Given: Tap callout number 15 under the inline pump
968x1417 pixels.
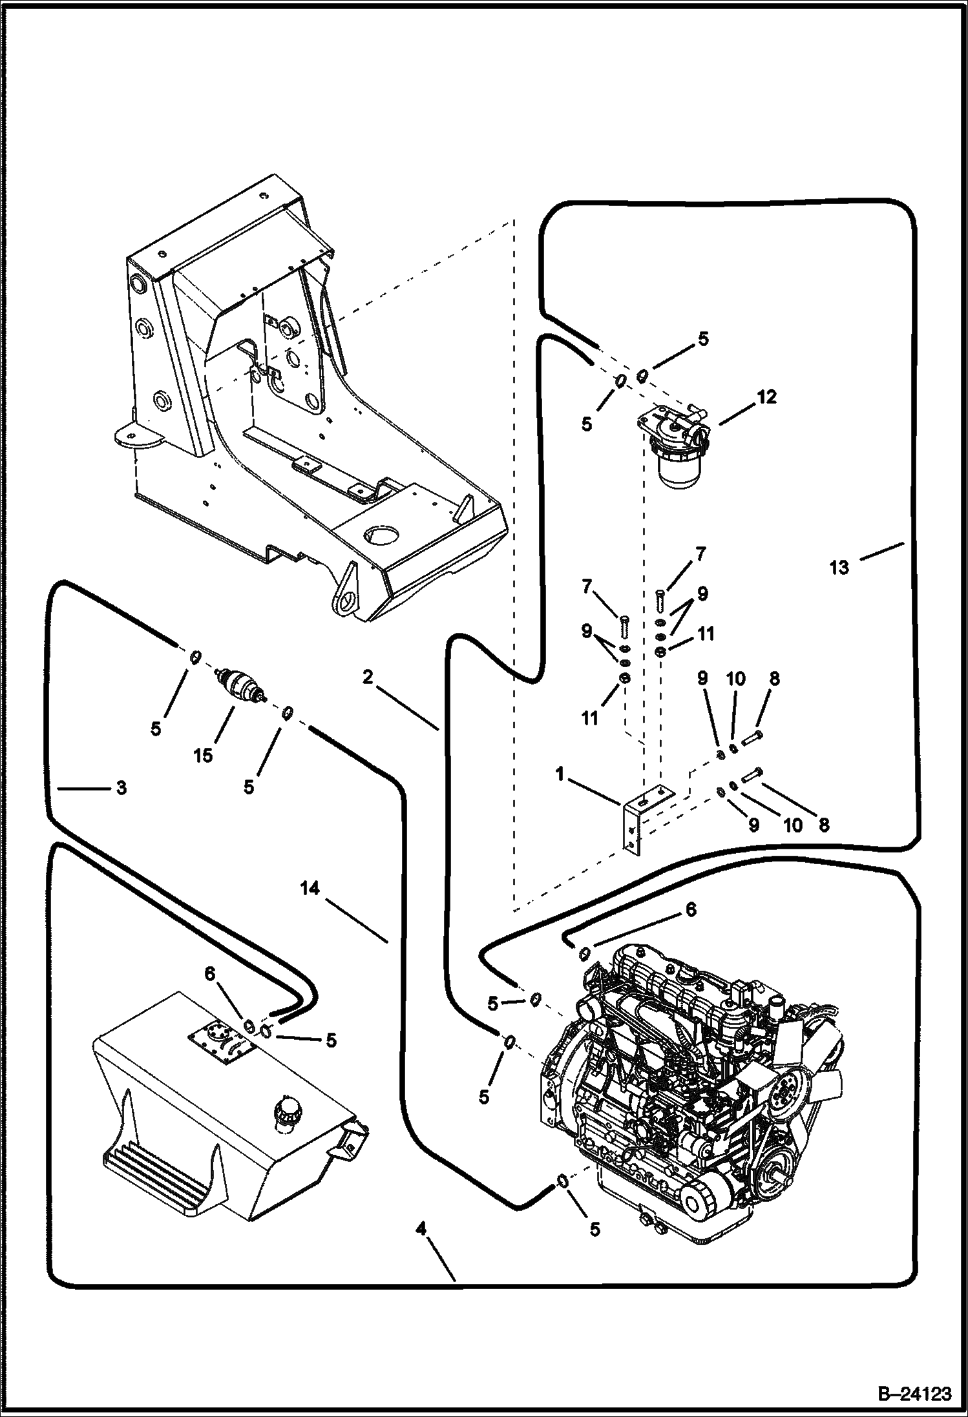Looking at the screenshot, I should [x=203, y=754].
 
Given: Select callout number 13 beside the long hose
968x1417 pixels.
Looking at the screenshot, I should [x=839, y=568].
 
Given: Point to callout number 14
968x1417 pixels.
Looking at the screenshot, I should [x=310, y=889].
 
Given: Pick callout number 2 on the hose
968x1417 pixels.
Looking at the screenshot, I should [x=368, y=677].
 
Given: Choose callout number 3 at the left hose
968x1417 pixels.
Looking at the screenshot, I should [x=121, y=788].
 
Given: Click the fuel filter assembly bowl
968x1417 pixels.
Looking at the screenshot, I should [x=676, y=466].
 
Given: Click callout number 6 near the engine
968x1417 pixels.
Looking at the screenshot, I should [x=691, y=910].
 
